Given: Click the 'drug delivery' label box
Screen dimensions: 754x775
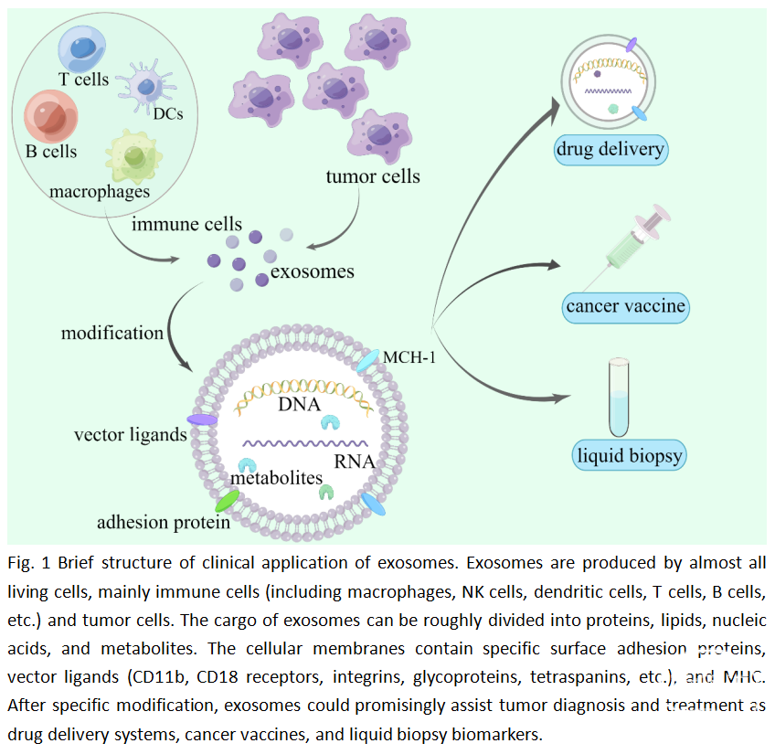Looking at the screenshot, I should tap(611, 149).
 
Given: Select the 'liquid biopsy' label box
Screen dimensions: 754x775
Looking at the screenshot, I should tap(630, 454).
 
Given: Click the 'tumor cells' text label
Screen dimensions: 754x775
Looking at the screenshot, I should tap(373, 175).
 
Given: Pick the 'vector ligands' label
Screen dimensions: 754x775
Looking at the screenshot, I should tap(130, 434).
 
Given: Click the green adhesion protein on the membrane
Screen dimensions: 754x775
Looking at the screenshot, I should tap(227, 501).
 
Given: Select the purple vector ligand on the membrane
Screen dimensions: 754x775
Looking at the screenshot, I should tap(202, 419).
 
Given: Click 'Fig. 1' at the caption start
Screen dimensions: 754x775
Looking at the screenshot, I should tap(26, 561).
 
